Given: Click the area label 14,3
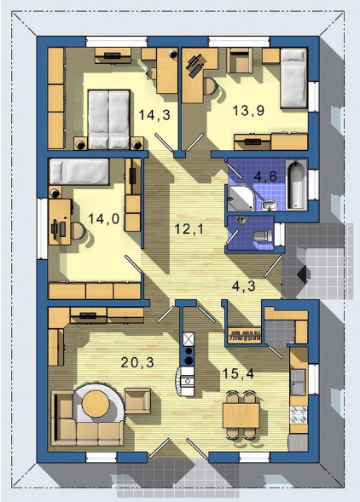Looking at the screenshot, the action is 154,114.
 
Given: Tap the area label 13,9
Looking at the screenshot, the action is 248,111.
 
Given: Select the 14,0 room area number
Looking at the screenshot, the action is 103,219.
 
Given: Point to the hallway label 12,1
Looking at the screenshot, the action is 189,229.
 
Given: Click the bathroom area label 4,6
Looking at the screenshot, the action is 265,176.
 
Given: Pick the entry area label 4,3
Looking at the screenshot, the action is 244,286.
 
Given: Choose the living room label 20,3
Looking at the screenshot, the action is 137,362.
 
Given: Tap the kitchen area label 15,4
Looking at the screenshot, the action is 238,373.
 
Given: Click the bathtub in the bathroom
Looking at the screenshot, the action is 296,185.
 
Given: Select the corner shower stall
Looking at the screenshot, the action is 241,198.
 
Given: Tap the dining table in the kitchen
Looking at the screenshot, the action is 241,415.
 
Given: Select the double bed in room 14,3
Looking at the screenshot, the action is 109,119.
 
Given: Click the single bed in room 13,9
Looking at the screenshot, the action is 293,78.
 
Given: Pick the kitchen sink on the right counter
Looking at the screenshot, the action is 298,381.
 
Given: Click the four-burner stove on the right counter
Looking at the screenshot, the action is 298,415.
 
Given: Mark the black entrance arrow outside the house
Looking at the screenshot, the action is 303,274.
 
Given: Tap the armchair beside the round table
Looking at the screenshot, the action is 137,401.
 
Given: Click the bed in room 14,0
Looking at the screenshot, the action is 79,171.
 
